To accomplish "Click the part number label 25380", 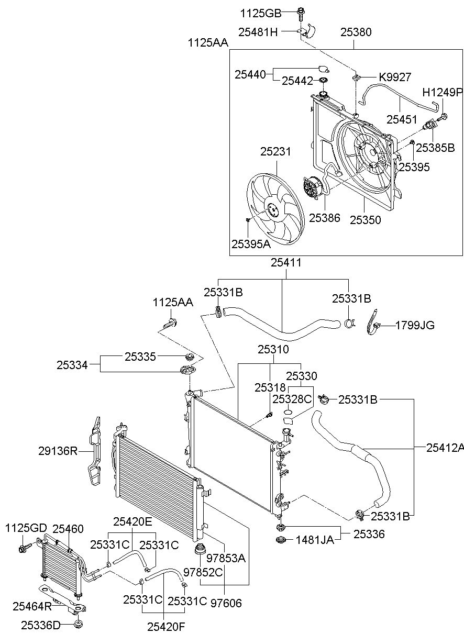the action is coord(356,32).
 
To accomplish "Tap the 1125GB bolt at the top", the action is coord(301,15).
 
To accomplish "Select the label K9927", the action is coord(395,77).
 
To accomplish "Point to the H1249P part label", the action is coord(443,92).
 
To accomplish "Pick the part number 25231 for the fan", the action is coord(275,152).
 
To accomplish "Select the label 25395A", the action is coord(251,244).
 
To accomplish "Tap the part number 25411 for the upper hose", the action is coord(286,263).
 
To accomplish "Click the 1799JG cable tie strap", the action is coord(374,322).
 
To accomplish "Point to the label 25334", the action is coord(72,365).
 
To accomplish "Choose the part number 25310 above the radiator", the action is coord(273,349).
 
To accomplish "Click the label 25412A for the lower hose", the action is coord(445,448).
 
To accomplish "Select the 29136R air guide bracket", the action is coord(94,451).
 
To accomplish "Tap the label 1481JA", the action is coord(315,540).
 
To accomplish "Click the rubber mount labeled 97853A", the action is coord(200,550).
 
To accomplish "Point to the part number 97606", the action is coord(226,603).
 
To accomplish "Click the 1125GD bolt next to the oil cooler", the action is coord(24,547).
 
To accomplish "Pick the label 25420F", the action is coord(166,627).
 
